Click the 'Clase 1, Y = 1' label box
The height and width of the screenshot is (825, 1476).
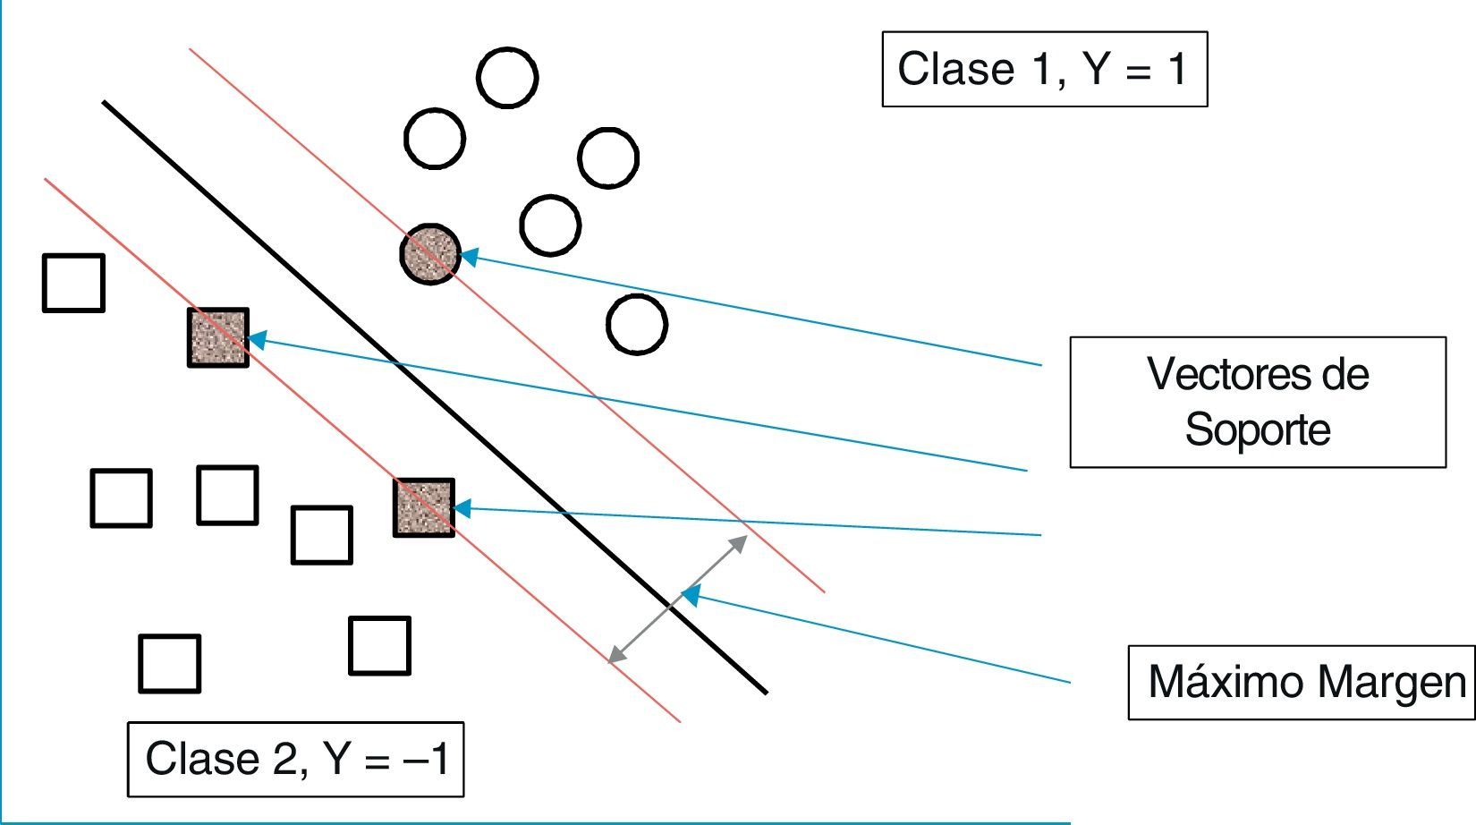(x=1044, y=69)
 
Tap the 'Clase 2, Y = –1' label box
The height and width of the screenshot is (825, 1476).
(x=295, y=759)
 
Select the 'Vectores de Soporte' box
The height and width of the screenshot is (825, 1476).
(x=1257, y=402)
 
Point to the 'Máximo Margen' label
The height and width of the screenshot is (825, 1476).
(x=1302, y=682)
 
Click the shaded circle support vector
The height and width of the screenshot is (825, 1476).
(x=430, y=254)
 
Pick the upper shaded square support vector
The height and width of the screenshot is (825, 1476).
(x=217, y=337)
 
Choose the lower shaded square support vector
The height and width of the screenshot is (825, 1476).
(x=424, y=507)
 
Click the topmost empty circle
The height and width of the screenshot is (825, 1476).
(x=507, y=78)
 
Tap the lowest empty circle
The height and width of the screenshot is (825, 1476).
(x=637, y=324)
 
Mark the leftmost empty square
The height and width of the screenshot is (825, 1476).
(x=73, y=283)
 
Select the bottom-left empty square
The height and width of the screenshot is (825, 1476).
(x=169, y=663)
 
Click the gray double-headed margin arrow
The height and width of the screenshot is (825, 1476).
(x=677, y=599)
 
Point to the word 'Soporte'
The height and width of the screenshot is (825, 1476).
(x=1257, y=430)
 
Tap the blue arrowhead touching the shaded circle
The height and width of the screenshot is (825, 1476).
(x=468, y=257)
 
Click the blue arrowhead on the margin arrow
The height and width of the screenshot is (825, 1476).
(x=691, y=595)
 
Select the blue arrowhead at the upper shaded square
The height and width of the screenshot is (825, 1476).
(x=257, y=340)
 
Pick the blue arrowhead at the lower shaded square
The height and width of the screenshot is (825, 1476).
(x=462, y=509)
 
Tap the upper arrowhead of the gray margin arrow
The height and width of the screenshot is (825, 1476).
(x=740, y=540)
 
